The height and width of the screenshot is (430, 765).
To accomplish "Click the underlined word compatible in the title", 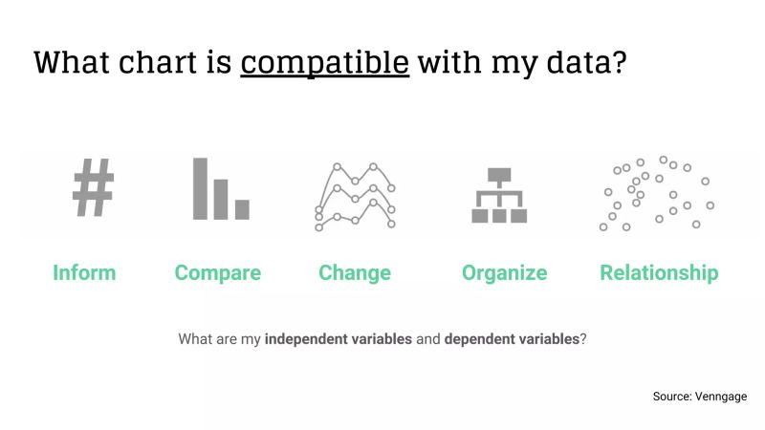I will pos(325,63).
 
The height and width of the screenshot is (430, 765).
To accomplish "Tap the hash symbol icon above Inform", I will pos(93,188).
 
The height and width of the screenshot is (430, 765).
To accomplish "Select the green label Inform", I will pos(84,273).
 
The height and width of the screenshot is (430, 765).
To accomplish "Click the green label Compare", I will pos(217,273).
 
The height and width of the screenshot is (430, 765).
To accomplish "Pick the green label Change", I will pos(355,273).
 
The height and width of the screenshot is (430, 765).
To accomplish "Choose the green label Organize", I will pos(504,273).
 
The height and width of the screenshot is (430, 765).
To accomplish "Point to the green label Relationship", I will pos(659,273).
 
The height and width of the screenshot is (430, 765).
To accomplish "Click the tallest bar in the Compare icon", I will pos(201,188).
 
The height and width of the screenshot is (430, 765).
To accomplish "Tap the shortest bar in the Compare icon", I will pos(242,209).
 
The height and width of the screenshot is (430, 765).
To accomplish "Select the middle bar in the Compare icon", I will pos(221,199).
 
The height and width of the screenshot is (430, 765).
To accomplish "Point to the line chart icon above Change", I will pos(355,196).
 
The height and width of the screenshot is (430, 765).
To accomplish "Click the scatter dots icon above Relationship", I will pos(657,194).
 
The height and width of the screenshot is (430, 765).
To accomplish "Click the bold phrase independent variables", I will pos(339,339).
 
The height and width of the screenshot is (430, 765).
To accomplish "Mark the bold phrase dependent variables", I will pos(512,339).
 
